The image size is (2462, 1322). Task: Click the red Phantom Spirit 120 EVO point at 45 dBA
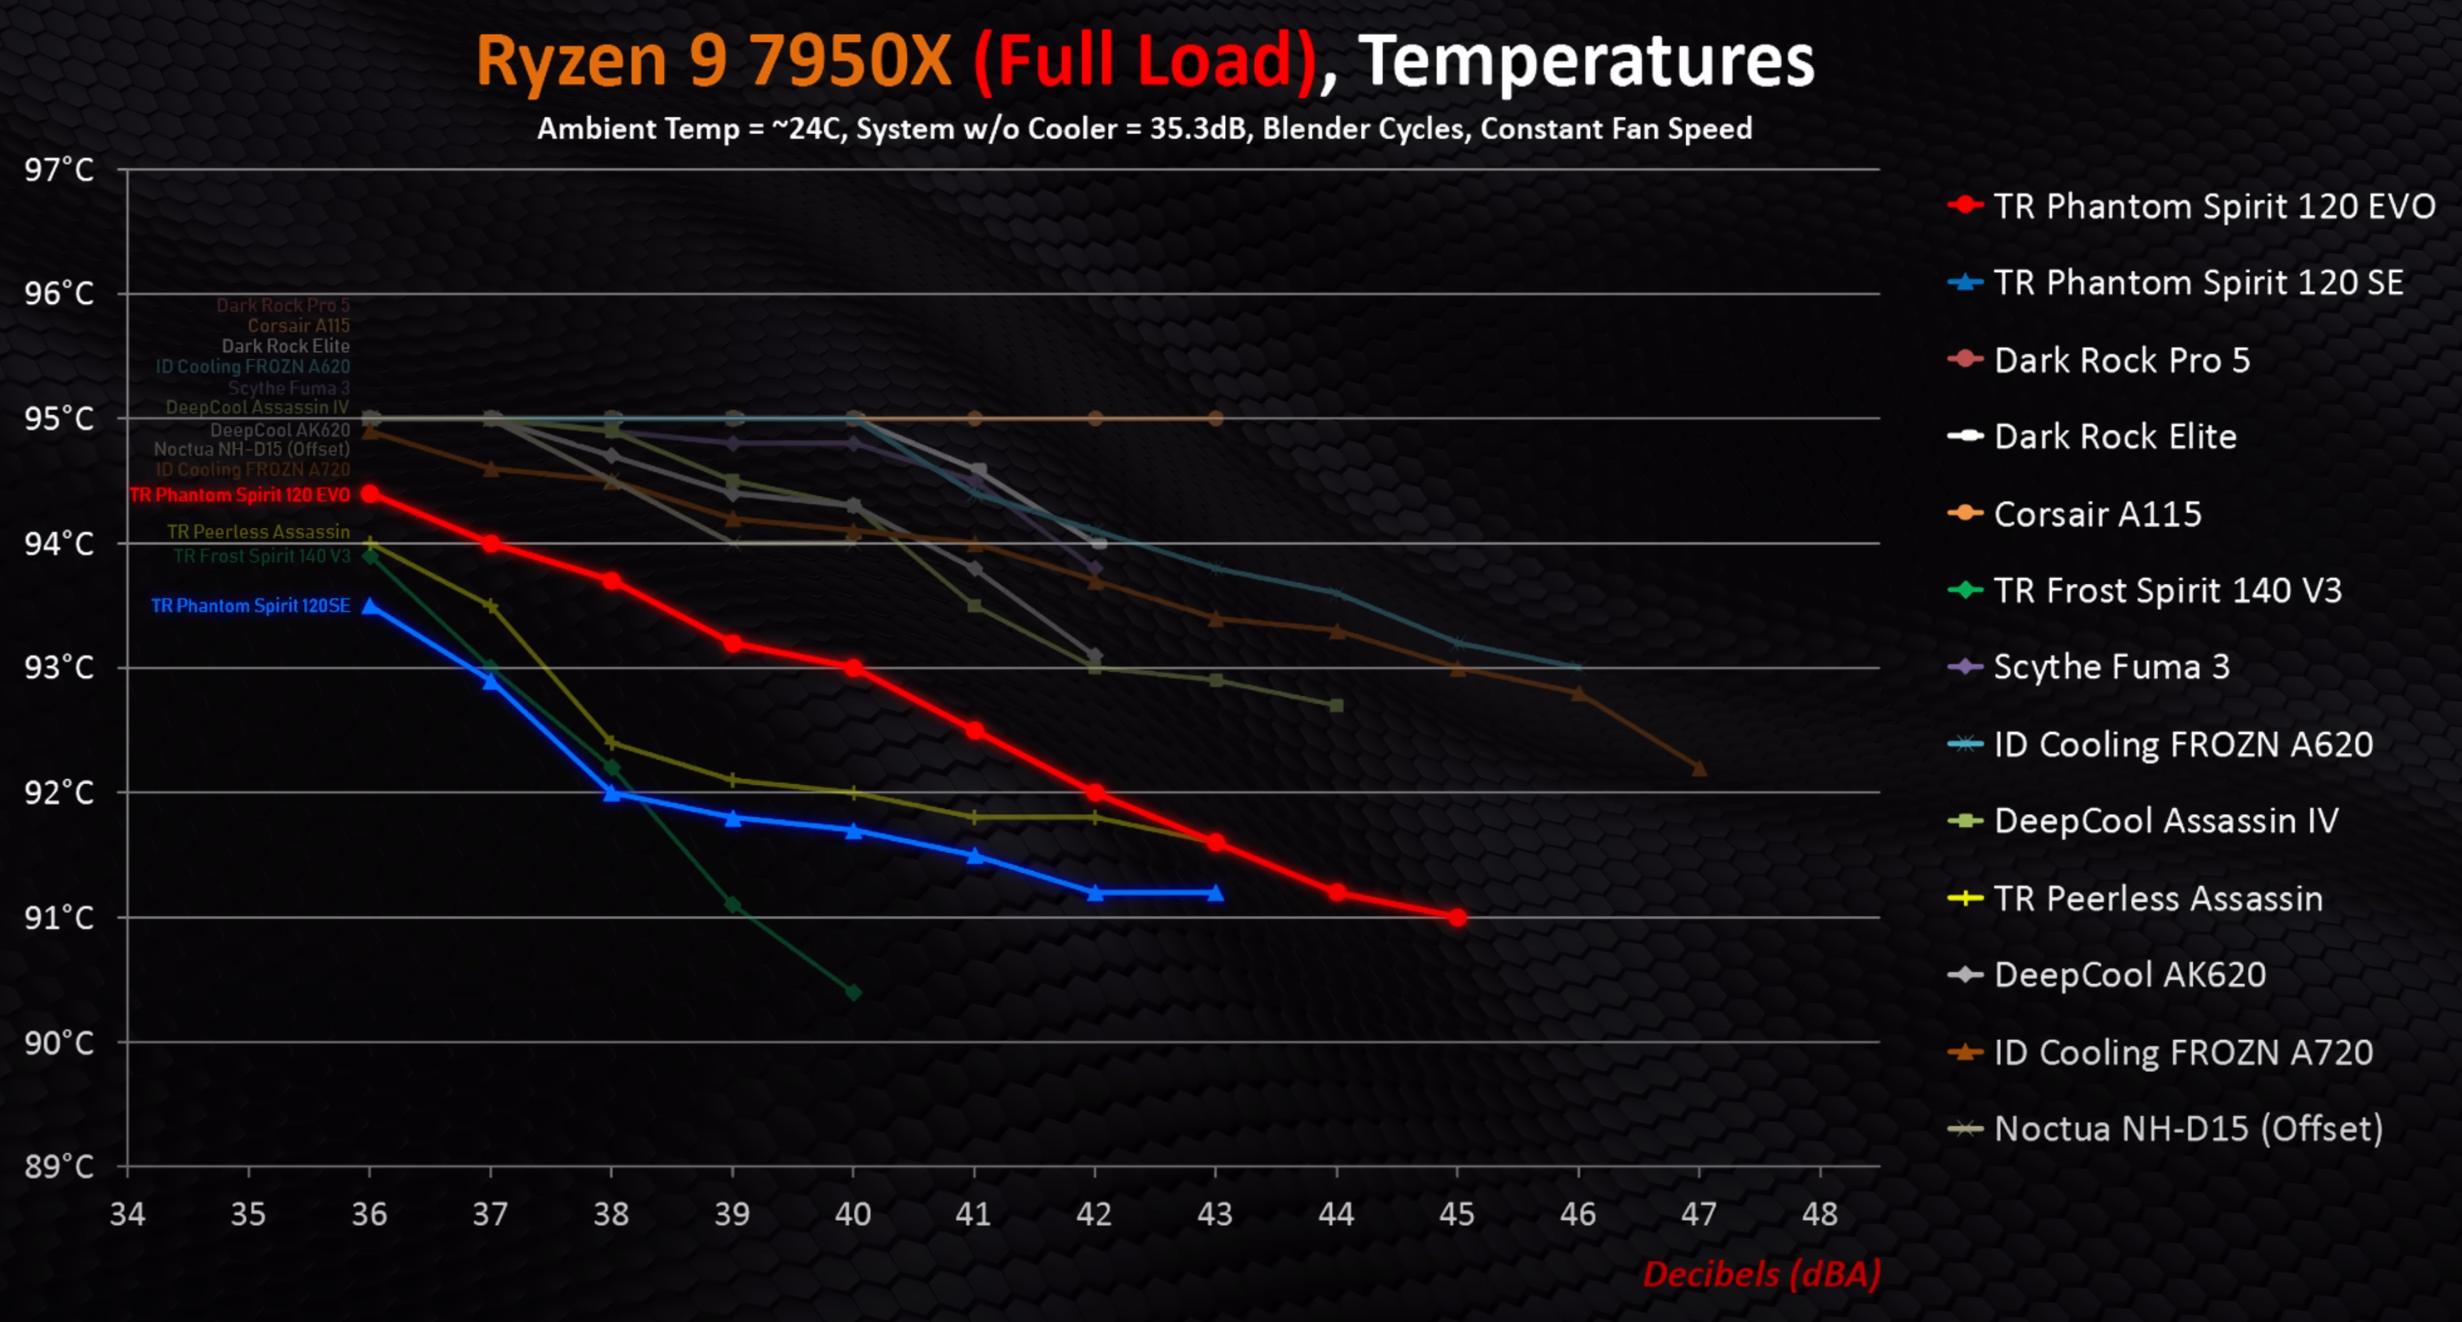click(x=1457, y=917)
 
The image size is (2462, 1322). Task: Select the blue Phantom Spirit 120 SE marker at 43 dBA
click(x=1216, y=893)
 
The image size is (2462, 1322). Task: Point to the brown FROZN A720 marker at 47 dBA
click(x=1698, y=767)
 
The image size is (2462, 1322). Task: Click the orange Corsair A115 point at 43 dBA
click(x=1216, y=419)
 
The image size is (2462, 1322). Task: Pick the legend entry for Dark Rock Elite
click(x=2115, y=437)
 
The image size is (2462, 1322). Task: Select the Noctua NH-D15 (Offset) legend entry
click(x=2188, y=1129)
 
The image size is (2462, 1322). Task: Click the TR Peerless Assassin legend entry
click(x=2157, y=898)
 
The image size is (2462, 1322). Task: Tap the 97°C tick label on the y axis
click(x=60, y=170)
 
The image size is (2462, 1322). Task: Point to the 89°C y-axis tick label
click(x=60, y=1167)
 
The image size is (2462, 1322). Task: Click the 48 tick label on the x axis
click(x=1819, y=1214)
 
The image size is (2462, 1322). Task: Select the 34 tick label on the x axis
click(x=127, y=1214)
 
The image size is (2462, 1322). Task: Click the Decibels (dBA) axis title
click(x=1761, y=1275)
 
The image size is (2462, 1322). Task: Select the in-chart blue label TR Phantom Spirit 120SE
click(x=250, y=606)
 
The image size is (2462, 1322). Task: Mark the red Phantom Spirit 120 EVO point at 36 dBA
click(x=370, y=493)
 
